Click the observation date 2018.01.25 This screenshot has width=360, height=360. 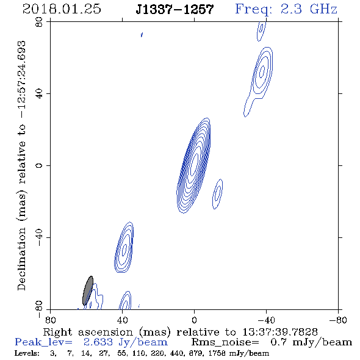coord(62,9)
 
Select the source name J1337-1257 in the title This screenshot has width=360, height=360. coord(175,9)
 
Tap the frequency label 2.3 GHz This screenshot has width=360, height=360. coord(309,9)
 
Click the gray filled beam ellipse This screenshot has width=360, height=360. coord(88,290)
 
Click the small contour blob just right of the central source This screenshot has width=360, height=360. coord(217,194)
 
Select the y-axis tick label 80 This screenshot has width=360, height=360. coord(39,22)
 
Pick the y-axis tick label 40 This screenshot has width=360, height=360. coord(39,94)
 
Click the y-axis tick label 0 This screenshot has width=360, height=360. coord(39,165)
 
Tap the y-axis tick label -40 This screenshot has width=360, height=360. coord(39,237)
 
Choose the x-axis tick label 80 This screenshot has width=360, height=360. coord(50,320)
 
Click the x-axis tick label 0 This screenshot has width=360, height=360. coord(194,320)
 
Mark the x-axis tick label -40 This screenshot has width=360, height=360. coord(266,320)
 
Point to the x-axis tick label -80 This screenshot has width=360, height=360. coord(338,320)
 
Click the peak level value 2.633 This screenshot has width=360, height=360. coord(98,342)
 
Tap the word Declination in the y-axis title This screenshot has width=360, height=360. coord(21,259)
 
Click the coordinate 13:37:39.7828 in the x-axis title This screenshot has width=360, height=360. coord(280,332)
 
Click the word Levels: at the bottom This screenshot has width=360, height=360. coord(27,353)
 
